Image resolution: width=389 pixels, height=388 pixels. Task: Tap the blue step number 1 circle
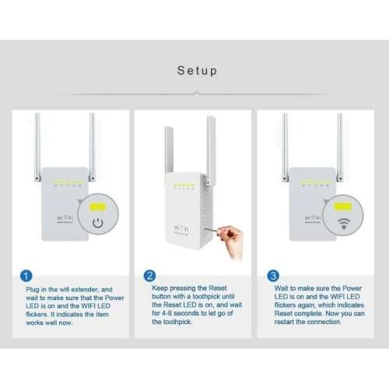25,275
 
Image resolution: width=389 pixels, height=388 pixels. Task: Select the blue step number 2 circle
150,275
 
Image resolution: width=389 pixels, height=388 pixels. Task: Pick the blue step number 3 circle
273,275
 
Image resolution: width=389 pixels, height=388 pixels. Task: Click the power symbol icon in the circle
98,224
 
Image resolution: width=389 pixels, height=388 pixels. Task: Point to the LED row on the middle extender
184,186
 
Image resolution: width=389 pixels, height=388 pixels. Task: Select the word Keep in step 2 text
159,288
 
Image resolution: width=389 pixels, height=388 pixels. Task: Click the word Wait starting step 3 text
283,288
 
